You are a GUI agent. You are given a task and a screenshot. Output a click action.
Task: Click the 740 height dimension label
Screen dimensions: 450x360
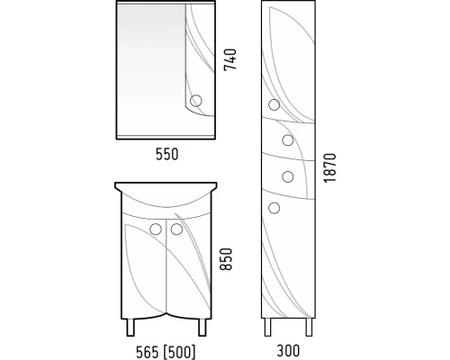click(x=230, y=59)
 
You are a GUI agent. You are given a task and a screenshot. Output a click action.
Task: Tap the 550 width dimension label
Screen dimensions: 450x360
click(x=167, y=154)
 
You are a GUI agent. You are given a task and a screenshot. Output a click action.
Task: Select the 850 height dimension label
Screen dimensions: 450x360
click(x=226, y=259)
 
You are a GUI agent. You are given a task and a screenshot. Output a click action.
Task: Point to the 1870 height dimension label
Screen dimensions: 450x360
click(x=329, y=167)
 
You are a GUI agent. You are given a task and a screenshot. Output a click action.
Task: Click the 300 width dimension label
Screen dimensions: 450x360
click(x=288, y=351)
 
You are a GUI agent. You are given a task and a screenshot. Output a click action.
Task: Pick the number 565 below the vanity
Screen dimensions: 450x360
click(x=148, y=352)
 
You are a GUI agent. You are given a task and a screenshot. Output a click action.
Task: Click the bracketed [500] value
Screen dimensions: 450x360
click(x=178, y=352)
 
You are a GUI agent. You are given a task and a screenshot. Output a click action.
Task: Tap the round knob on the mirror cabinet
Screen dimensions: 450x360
click(x=196, y=101)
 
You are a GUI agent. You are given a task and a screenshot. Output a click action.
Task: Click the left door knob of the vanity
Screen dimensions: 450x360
click(x=156, y=229)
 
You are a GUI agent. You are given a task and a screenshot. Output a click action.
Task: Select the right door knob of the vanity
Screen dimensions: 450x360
click(x=176, y=229)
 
